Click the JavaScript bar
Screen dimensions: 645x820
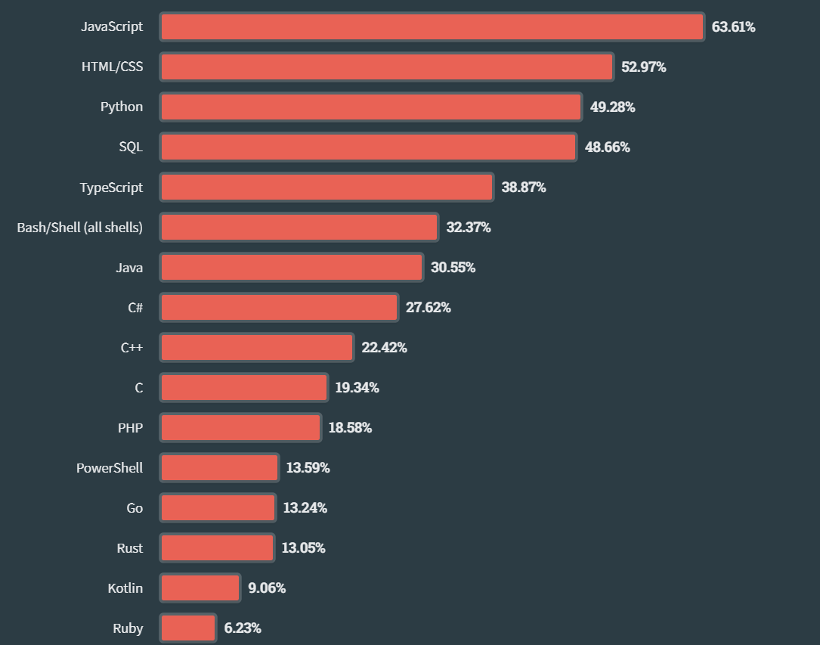pos(432,27)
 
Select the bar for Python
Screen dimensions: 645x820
pos(371,107)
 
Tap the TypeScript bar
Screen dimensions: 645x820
pos(326,187)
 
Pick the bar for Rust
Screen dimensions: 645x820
pos(217,547)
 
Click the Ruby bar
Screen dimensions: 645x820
pos(188,628)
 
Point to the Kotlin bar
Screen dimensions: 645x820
pos(200,588)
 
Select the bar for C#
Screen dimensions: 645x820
pos(279,307)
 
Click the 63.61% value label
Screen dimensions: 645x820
pos(733,27)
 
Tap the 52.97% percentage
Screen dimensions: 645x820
pos(643,67)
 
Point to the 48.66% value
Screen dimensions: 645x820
pos(607,147)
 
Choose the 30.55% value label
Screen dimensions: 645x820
pos(453,267)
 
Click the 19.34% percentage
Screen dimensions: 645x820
pos(357,387)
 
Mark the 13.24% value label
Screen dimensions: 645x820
pos(305,507)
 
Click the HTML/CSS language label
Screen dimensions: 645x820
pos(112,67)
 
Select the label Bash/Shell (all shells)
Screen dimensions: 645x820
pos(79,227)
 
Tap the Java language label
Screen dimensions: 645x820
pos(129,267)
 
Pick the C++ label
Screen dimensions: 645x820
pos(132,347)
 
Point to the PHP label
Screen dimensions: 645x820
pos(130,427)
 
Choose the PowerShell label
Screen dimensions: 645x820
pos(109,467)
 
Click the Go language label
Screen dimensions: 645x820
pos(135,507)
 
